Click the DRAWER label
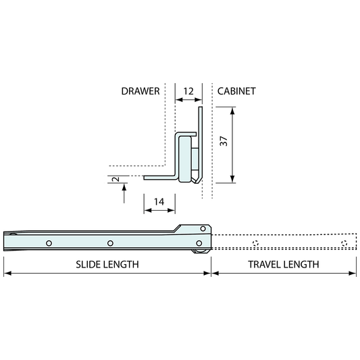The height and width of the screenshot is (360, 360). click(x=140, y=91)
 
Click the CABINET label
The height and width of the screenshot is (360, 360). click(x=236, y=91)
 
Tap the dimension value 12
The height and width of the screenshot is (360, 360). click(x=188, y=91)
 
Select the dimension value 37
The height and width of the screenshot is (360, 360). click(x=224, y=141)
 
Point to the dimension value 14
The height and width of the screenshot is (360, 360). click(x=159, y=202)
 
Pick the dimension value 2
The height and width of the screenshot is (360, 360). click(x=117, y=179)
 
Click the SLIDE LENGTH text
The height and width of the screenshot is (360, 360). click(x=107, y=265)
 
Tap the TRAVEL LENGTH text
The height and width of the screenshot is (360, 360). click(x=284, y=265)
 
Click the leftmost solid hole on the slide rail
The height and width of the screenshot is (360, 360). click(x=49, y=243)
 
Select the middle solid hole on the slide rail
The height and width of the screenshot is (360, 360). click(x=110, y=243)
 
